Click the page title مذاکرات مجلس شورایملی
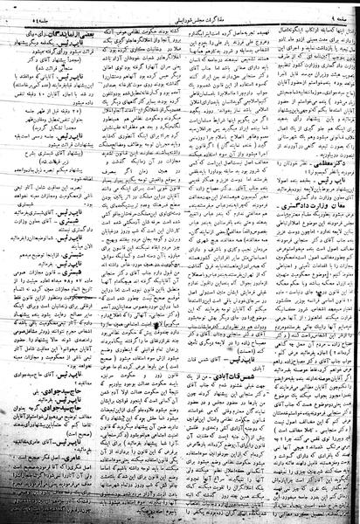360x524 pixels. (178, 8)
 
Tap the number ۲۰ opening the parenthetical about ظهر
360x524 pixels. (98, 114)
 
